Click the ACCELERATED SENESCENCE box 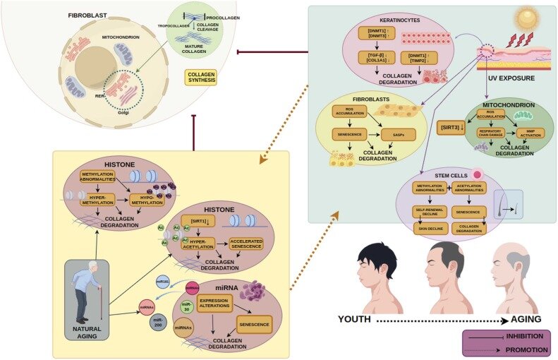pyautogui.click(x=248, y=244)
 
